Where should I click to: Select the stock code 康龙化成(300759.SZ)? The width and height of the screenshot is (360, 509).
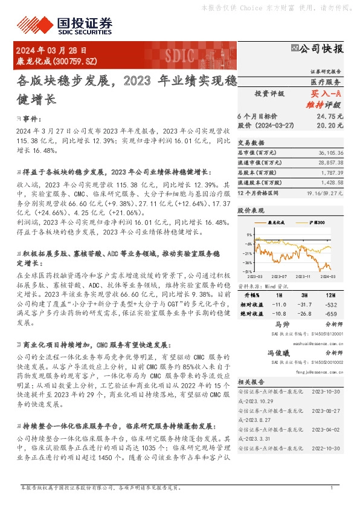[56, 62]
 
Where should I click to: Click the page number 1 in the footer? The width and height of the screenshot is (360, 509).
[332, 487]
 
